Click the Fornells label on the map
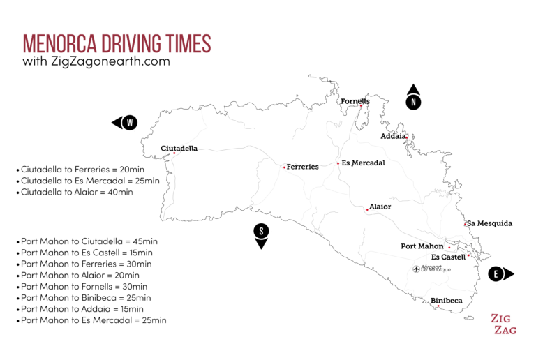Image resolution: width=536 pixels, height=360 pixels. [x=355, y=101]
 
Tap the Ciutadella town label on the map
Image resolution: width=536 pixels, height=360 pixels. [x=179, y=149]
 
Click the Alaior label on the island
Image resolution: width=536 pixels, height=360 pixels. [x=380, y=207]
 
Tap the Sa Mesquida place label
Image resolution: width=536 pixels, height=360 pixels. [x=490, y=223]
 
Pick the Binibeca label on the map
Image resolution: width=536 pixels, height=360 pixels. [x=447, y=301]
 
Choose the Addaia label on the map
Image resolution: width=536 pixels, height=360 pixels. [x=393, y=136]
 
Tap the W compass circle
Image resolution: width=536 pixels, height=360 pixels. [x=130, y=123]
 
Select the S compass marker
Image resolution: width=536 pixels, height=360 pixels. [x=261, y=231]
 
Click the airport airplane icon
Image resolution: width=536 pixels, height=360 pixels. [x=417, y=269]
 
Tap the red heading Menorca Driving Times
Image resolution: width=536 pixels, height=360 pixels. [x=117, y=43]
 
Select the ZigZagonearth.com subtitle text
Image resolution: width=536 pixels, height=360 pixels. [x=96, y=61]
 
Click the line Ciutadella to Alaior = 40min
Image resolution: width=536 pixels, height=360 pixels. [x=77, y=192]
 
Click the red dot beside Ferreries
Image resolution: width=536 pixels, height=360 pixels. [x=284, y=167]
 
